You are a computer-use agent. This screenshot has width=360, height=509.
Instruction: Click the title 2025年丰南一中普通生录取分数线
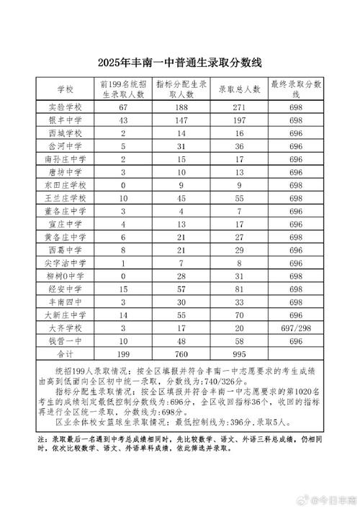(x=180, y=63)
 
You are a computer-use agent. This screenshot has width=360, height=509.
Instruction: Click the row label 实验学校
(x=66, y=107)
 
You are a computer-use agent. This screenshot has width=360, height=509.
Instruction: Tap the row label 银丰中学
(x=66, y=120)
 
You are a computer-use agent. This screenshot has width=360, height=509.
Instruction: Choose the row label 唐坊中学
(x=66, y=171)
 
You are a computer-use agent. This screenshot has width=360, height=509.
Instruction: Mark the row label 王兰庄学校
(x=66, y=198)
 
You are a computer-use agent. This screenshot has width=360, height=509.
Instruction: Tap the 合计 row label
(x=66, y=354)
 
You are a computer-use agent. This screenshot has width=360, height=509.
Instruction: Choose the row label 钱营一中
(x=66, y=341)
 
